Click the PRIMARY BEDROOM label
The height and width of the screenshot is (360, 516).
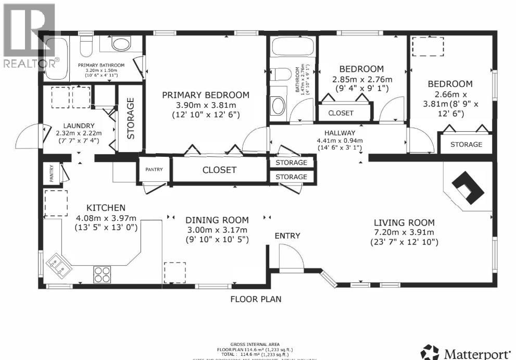(x=205, y=95)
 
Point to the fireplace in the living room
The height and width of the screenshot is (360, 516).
(x=467, y=188)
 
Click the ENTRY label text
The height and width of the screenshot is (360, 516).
(x=287, y=236)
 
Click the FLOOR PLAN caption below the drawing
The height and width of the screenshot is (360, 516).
(x=256, y=299)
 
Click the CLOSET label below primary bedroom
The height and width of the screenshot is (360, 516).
(x=219, y=170)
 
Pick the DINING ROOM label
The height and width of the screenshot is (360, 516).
(x=217, y=220)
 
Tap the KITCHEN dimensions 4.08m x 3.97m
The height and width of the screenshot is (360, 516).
(x=98, y=218)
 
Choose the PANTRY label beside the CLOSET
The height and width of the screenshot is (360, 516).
(x=154, y=169)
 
